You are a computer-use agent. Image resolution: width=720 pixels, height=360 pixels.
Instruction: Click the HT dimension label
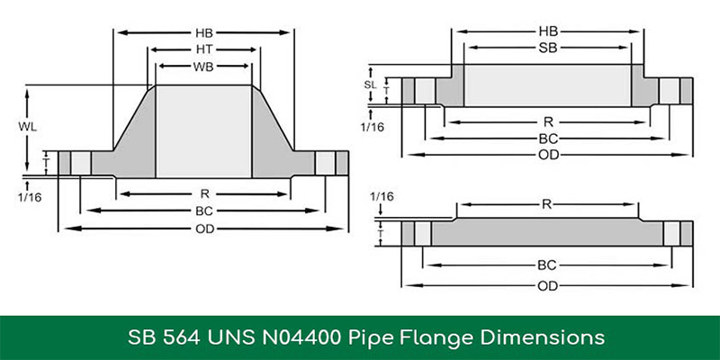pyautogui.click(x=205, y=49)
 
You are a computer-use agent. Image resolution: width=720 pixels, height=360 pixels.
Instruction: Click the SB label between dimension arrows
pyautogui.click(x=547, y=47)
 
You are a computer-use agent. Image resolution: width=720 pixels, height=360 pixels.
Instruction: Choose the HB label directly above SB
pyautogui.click(x=547, y=31)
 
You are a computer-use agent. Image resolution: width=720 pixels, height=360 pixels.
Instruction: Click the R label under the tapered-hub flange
pyautogui.click(x=205, y=193)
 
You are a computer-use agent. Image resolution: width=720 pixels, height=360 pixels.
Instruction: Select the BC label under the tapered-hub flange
pyautogui.click(x=205, y=211)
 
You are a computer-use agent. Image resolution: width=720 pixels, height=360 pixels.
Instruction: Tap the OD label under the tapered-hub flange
pyautogui.click(x=205, y=228)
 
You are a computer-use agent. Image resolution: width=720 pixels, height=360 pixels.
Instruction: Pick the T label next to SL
pyautogui.click(x=386, y=90)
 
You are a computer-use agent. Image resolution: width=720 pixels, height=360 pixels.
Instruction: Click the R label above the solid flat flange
pyautogui.click(x=546, y=204)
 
